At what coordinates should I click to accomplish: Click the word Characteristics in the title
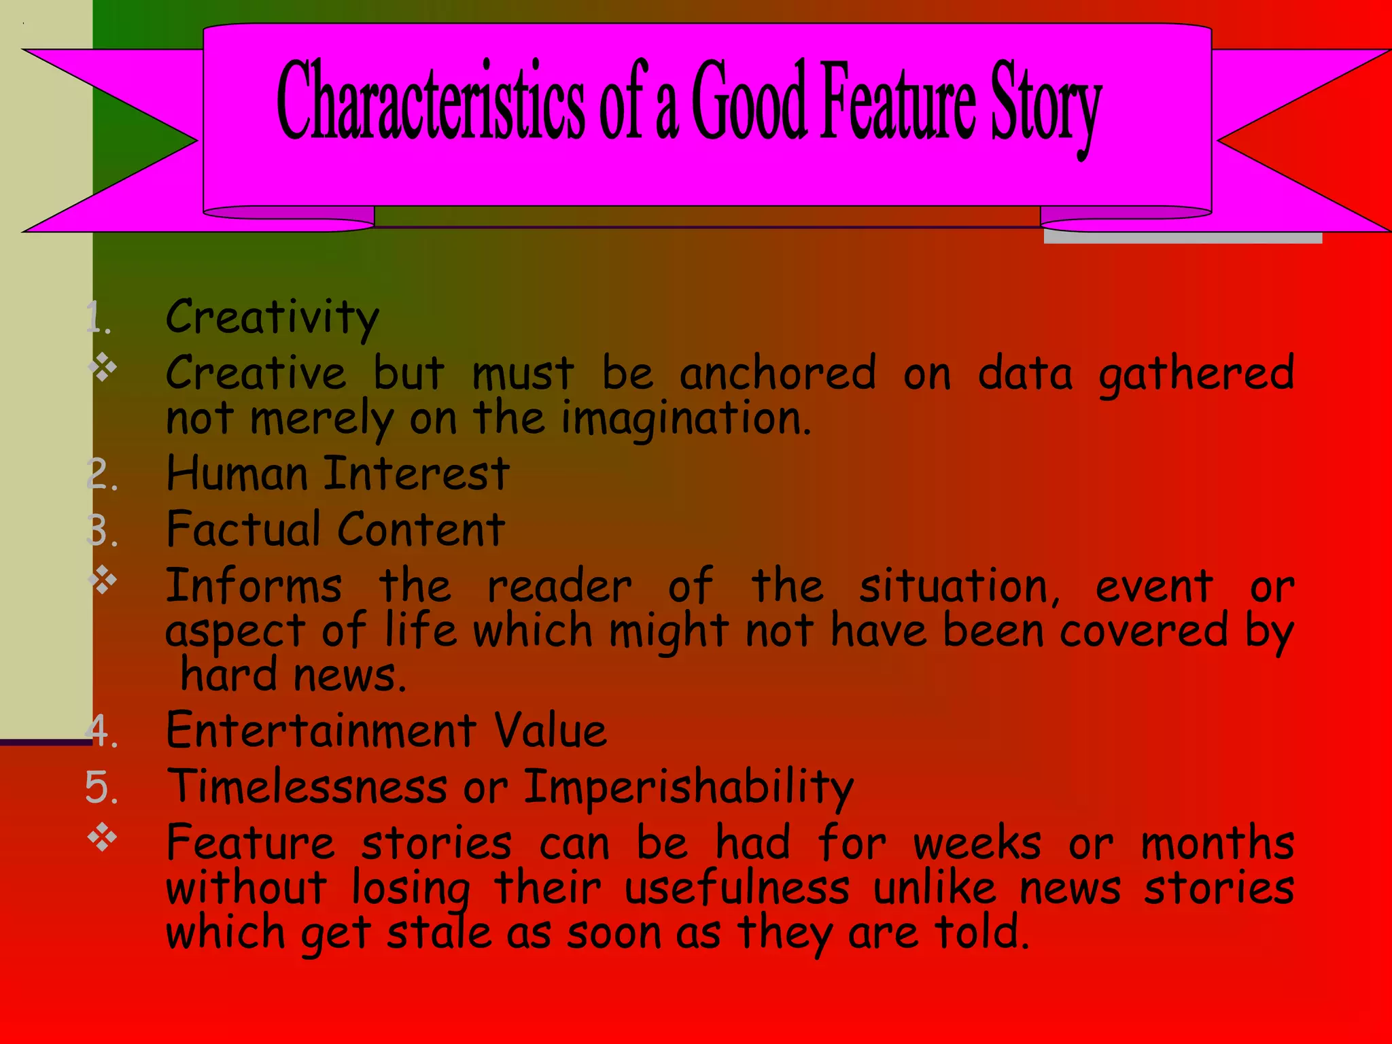coord(430,101)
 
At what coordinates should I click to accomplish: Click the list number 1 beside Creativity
coord(99,318)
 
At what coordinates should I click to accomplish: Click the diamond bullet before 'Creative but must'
coord(103,368)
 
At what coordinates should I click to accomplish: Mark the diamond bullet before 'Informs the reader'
coord(103,580)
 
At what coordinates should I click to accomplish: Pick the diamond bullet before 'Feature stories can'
coord(103,837)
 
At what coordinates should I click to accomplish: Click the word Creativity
coord(272,318)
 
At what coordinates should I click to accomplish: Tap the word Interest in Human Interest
coord(416,474)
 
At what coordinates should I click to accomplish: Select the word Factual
coord(243,529)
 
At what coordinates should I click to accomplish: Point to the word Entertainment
coord(321,731)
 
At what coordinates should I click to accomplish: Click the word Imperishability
coord(688,788)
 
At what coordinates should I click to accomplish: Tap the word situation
coord(958,586)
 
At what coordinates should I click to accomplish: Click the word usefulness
coord(737,888)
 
